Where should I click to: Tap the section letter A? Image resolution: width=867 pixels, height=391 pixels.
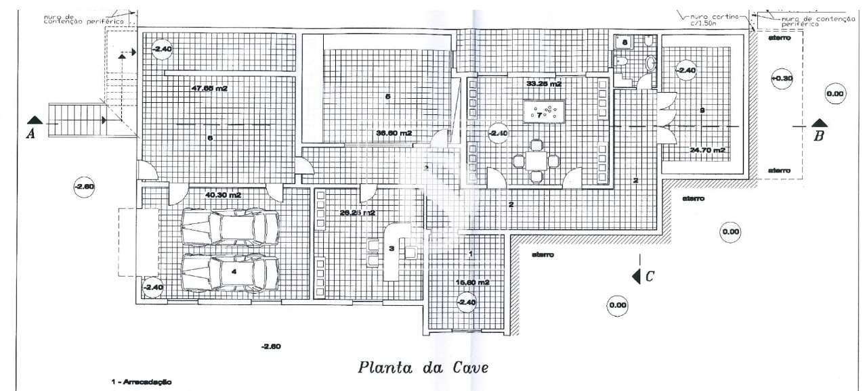click(x=30, y=134)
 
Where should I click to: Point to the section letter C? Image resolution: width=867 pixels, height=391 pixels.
click(x=648, y=275)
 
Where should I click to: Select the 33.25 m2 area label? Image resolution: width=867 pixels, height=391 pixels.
click(x=544, y=84)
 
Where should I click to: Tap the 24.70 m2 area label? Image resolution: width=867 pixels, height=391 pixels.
click(x=708, y=149)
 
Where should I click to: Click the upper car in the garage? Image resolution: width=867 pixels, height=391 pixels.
click(x=232, y=227)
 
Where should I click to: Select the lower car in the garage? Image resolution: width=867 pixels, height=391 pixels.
click(x=230, y=272)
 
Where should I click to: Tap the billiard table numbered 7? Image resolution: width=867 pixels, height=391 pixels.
click(x=545, y=112)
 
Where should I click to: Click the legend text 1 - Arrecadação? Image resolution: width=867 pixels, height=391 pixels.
click(x=141, y=382)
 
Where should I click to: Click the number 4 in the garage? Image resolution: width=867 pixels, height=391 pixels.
click(x=234, y=271)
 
